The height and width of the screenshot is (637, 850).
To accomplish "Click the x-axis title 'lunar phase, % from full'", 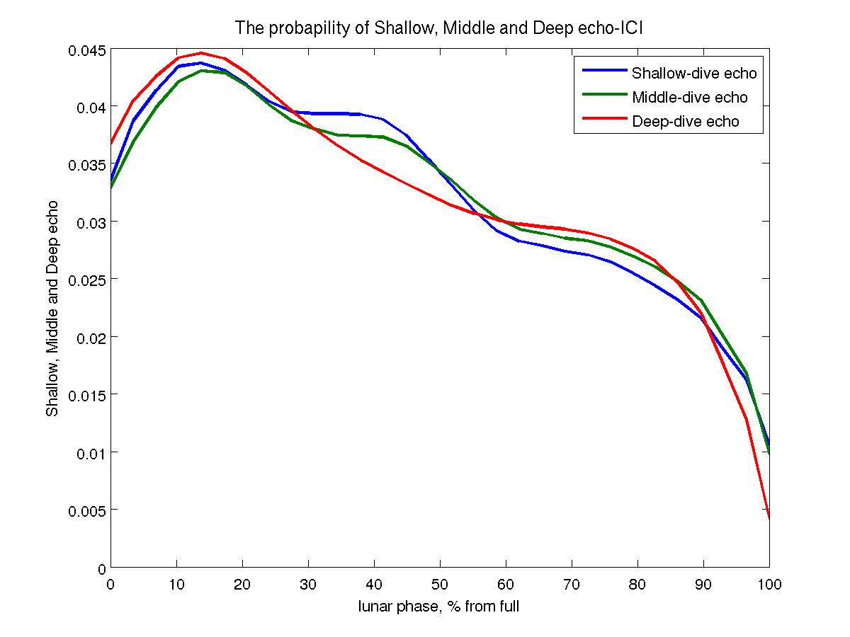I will (x=439, y=607).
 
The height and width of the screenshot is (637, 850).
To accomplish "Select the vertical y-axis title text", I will (x=52, y=308).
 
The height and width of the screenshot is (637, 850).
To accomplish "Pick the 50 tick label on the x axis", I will (x=440, y=584).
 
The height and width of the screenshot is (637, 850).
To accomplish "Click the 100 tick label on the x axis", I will (x=769, y=584).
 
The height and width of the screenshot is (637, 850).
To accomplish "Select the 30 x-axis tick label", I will (x=308, y=584).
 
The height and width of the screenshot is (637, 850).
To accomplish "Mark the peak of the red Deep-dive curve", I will (x=201, y=53).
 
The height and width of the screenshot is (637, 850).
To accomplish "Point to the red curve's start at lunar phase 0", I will (x=112, y=144).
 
